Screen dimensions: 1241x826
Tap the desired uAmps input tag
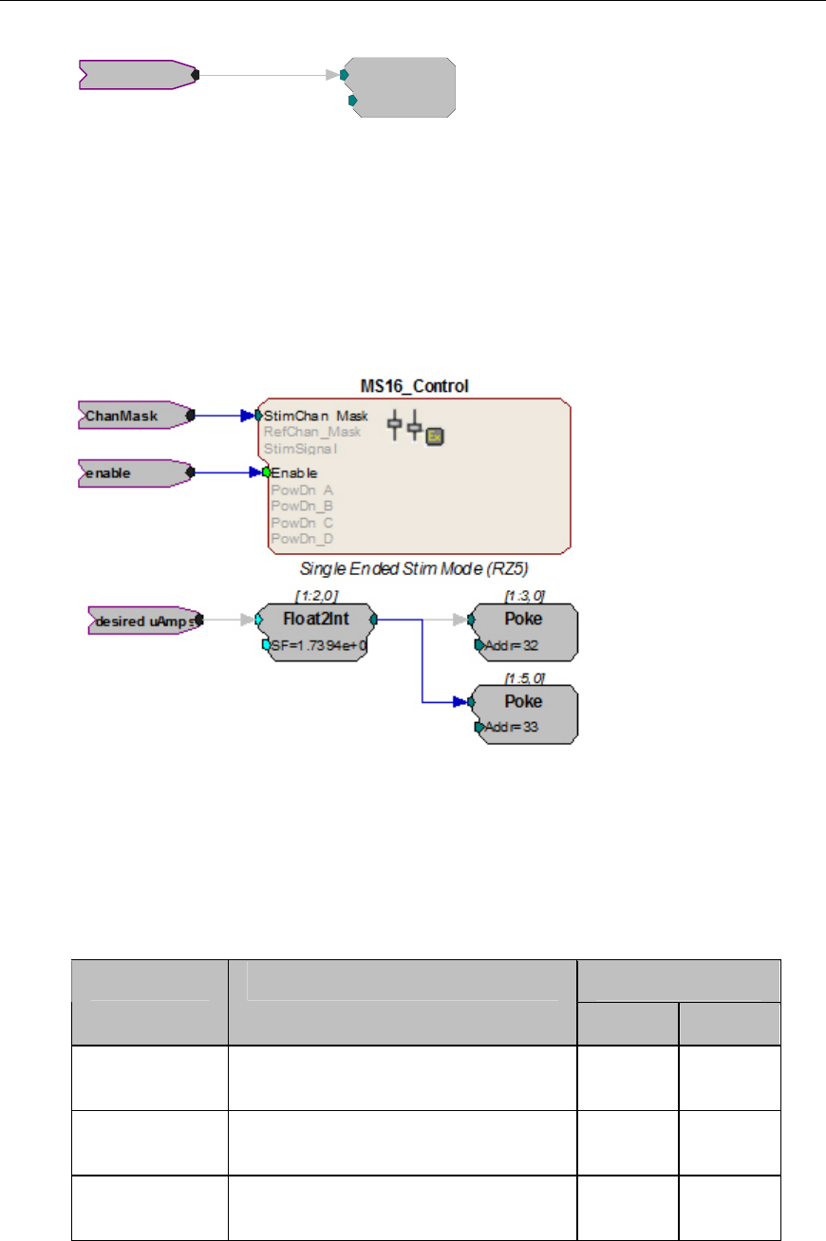(x=142, y=621)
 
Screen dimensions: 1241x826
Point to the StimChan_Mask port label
(x=316, y=416)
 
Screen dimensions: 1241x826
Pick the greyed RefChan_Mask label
(x=312, y=432)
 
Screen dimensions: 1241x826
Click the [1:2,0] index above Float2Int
(x=317, y=595)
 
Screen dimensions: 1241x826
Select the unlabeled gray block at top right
(x=399, y=87)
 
